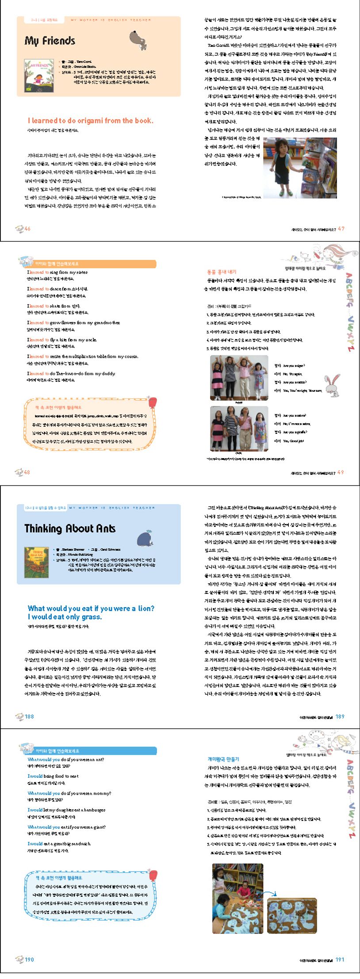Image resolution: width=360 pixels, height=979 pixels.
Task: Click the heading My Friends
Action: [x=50, y=41]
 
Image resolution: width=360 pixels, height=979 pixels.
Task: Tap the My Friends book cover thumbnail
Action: [x=39, y=75]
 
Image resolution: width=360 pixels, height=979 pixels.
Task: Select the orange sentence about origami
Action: [x=91, y=120]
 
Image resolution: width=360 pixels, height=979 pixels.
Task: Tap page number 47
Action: [x=341, y=229]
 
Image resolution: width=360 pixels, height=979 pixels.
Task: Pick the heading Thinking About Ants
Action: [x=70, y=528]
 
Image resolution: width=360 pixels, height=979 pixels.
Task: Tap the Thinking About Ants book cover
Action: [x=36, y=562]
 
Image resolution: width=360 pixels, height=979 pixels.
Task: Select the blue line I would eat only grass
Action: [x=65, y=617]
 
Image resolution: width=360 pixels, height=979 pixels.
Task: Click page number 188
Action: [x=29, y=716]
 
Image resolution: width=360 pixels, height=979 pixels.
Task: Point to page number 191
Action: [x=340, y=960]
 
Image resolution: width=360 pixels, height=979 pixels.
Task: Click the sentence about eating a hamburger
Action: [x=67, y=810]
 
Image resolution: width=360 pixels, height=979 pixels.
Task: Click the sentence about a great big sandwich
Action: [x=59, y=844]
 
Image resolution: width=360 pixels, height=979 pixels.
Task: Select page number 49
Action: [x=341, y=472]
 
